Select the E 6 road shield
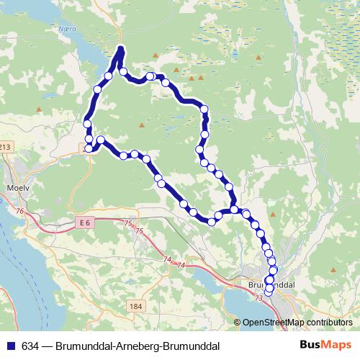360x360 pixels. pos(85,223)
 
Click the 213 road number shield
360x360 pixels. pos(6,148)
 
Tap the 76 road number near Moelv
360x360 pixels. pos(19,211)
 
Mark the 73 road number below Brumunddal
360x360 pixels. pos(258,297)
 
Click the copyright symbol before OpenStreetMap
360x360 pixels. pos(238,322)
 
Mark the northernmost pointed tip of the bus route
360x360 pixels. pos(121,48)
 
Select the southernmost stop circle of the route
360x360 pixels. pos(269,291)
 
